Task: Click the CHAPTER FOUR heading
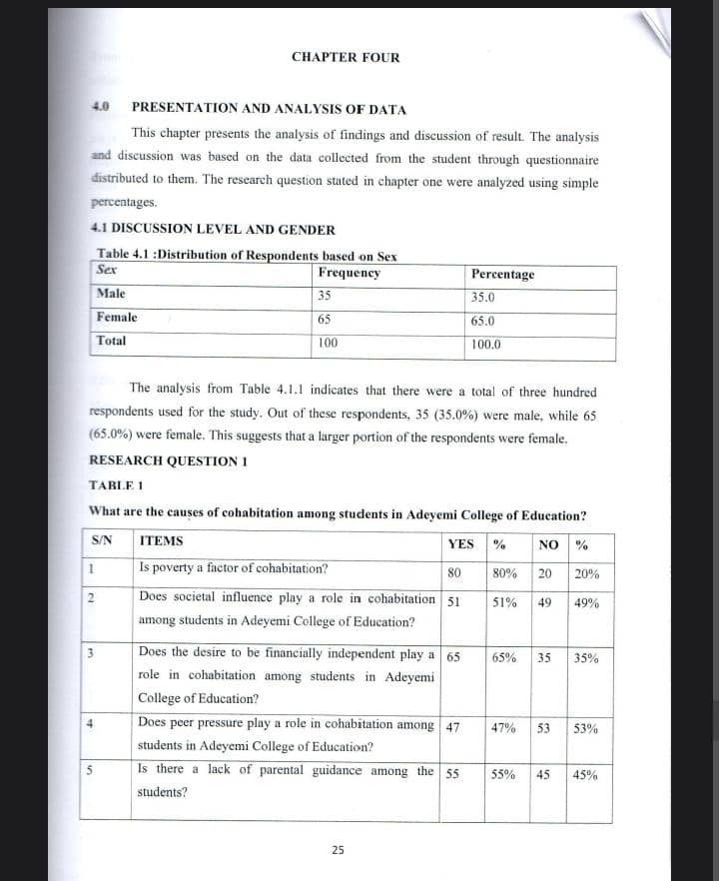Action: [346, 57]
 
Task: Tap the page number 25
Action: [338, 850]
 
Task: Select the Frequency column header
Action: [349, 273]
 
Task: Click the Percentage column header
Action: [502, 274]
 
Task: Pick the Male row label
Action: [111, 294]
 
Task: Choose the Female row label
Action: [117, 318]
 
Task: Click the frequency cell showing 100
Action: [328, 343]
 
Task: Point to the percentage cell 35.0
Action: [483, 297]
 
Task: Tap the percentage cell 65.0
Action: [483, 321]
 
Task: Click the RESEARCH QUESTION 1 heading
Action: [169, 460]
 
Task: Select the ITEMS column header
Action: [161, 541]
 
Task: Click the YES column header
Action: [460, 544]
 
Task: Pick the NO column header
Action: [547, 544]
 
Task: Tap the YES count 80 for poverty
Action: [454, 573]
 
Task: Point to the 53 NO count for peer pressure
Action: [544, 728]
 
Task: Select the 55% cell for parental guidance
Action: [504, 774]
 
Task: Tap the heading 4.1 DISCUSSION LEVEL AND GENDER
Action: [213, 230]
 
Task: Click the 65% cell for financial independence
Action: [504, 658]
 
